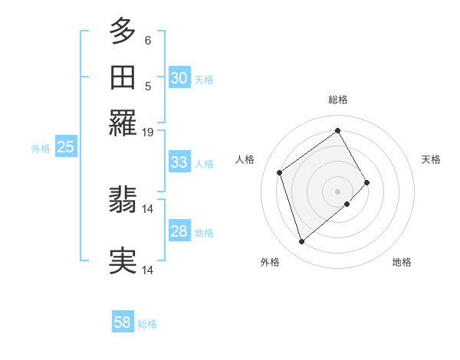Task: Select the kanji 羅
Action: pos(123,123)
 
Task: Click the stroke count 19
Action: pos(148,133)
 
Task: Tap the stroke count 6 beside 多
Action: pos(148,41)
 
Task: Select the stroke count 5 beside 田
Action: pos(148,87)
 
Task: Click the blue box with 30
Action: pos(179,77)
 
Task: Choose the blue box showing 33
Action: pos(179,162)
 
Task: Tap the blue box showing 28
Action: pos(179,231)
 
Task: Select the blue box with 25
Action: pos(65,148)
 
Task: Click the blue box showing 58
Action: pos(123,322)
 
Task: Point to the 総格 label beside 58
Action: pos(147,324)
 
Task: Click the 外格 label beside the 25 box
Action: pos(41,149)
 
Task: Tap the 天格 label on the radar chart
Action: pos(431,159)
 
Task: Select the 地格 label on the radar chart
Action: pos(402,262)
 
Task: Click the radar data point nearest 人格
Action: pos(280,172)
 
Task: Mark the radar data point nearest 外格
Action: pos(302,242)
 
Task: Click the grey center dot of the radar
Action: pos(338,190)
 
